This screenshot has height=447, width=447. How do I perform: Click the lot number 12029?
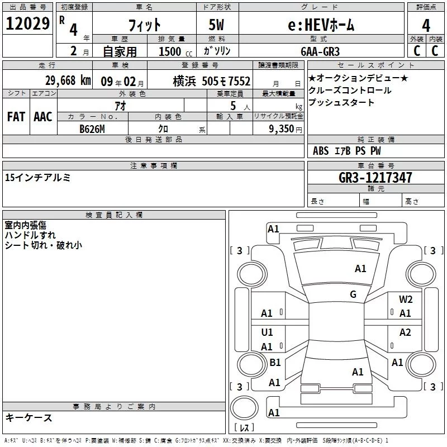coord(27,23)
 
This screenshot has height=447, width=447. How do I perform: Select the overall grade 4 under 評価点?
coord(426,25)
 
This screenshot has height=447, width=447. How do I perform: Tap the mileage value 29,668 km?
coord(68,80)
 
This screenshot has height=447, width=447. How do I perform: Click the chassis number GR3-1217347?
coord(375,177)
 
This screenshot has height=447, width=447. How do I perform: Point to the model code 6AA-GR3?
coord(320,51)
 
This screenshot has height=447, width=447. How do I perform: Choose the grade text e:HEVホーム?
coord(321,25)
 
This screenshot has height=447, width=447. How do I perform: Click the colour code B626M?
coord(92,129)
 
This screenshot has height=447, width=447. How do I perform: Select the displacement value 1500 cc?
coord(175,51)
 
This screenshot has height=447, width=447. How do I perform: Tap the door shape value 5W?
coord(216,25)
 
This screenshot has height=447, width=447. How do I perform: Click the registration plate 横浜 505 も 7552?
coord(212,81)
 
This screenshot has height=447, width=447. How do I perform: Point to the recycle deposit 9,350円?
coord(286,129)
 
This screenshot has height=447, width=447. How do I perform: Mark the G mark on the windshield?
coord(353,294)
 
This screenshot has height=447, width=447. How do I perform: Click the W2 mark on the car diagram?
coord(406,299)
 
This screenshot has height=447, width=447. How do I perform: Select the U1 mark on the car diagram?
coord(267,332)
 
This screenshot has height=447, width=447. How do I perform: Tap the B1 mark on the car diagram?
coord(275,362)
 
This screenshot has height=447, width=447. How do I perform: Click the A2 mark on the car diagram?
coord(405,332)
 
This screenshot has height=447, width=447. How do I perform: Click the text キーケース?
coord(29,417)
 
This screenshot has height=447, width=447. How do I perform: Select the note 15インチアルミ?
coord(37,177)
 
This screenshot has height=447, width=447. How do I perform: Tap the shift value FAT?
coord(16,117)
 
